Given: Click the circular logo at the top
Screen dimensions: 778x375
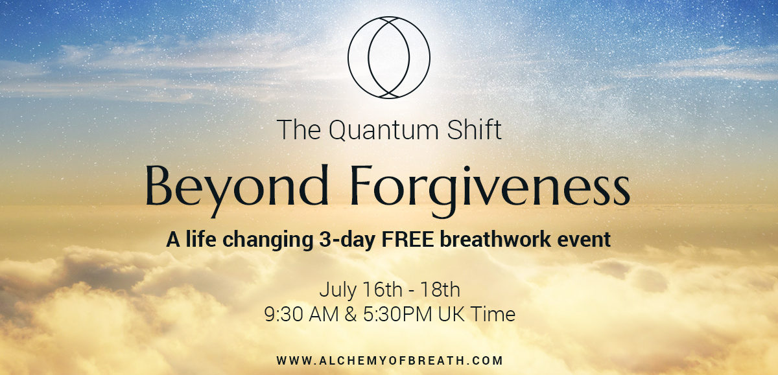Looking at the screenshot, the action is click(x=348, y=58).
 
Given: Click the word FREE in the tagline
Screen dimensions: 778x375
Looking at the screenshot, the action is click(x=408, y=240).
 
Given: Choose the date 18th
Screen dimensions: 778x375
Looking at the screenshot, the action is click(x=440, y=290).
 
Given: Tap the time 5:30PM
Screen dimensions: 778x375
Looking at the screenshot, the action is click(x=397, y=314).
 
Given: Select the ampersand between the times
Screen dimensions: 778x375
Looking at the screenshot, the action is click(x=351, y=314).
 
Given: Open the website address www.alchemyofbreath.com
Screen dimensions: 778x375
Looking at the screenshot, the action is click(x=390, y=361).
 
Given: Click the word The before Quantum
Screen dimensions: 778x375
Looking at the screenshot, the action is click(x=299, y=130).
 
